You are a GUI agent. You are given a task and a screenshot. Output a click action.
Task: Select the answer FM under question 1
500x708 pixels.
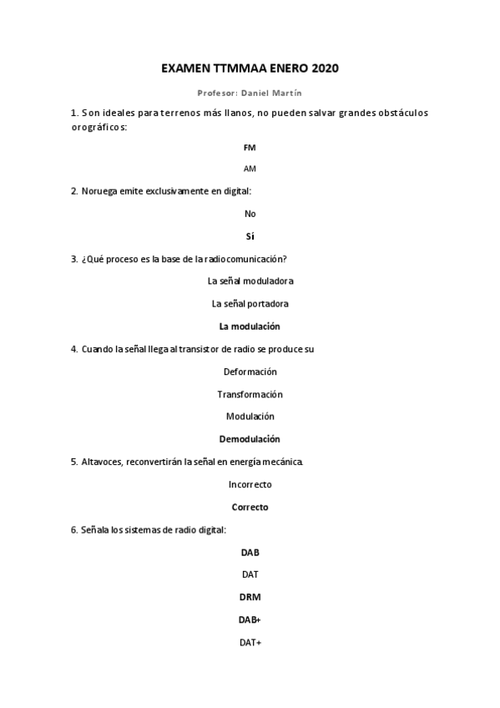[x=250, y=147]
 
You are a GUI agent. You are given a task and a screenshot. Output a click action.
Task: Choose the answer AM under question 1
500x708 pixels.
[x=250, y=169]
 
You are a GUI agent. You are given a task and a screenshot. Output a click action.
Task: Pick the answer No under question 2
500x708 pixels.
[x=250, y=214]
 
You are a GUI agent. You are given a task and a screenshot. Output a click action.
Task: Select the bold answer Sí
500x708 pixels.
[x=250, y=236]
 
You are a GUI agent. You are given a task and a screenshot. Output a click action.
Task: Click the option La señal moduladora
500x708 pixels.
[x=250, y=281]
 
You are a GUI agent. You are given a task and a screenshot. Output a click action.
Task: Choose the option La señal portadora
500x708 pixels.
[x=250, y=303]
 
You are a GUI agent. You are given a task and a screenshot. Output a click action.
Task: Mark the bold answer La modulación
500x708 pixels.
[x=250, y=326]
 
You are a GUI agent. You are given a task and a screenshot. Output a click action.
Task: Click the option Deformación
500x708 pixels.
[x=250, y=372]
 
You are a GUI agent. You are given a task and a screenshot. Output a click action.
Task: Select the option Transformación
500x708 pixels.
[x=250, y=394]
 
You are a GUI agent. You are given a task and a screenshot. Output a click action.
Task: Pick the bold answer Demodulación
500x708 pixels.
[x=250, y=439]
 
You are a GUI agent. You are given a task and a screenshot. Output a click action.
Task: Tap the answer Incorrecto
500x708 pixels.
[x=250, y=484]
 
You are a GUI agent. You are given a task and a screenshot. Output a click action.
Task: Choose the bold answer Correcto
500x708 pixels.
[x=250, y=507]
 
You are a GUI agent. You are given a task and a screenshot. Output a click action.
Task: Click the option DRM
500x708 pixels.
[x=250, y=597]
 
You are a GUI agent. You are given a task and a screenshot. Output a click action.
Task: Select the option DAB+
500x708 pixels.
[x=250, y=619]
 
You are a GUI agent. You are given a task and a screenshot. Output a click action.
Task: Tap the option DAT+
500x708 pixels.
[x=250, y=642]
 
